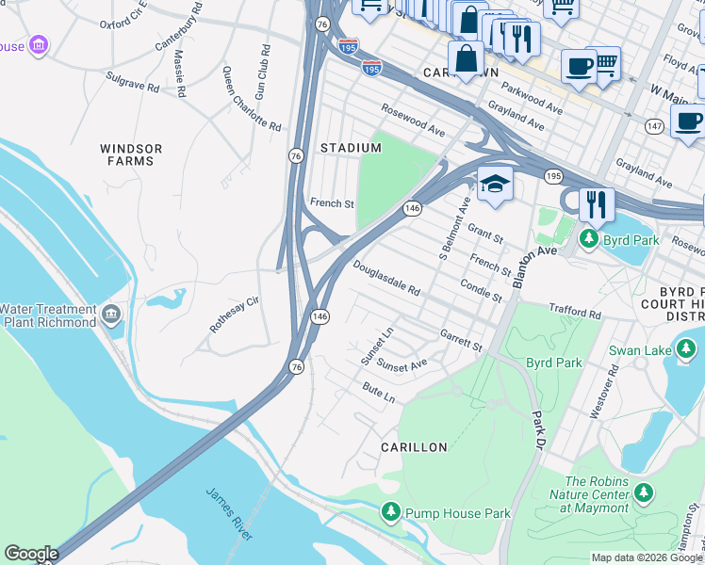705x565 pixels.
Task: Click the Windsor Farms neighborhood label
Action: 131,154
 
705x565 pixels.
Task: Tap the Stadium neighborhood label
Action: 350,148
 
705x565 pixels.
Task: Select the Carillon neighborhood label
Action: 414,447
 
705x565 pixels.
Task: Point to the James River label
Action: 230,513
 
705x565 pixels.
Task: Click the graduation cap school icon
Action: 494,185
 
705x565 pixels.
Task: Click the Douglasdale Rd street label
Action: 386,281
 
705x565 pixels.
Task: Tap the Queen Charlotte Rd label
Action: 252,102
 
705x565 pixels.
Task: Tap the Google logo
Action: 31,554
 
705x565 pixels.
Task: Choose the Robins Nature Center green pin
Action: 644,492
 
